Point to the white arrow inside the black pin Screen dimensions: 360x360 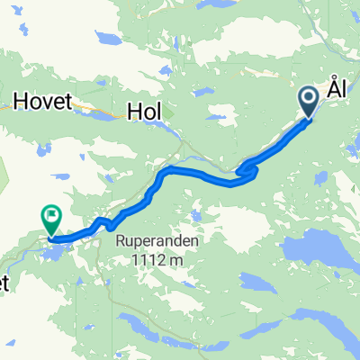[x=308, y=97]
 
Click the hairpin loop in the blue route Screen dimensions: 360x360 [x=245, y=169]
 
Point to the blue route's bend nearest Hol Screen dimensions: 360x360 [x=167, y=171]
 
